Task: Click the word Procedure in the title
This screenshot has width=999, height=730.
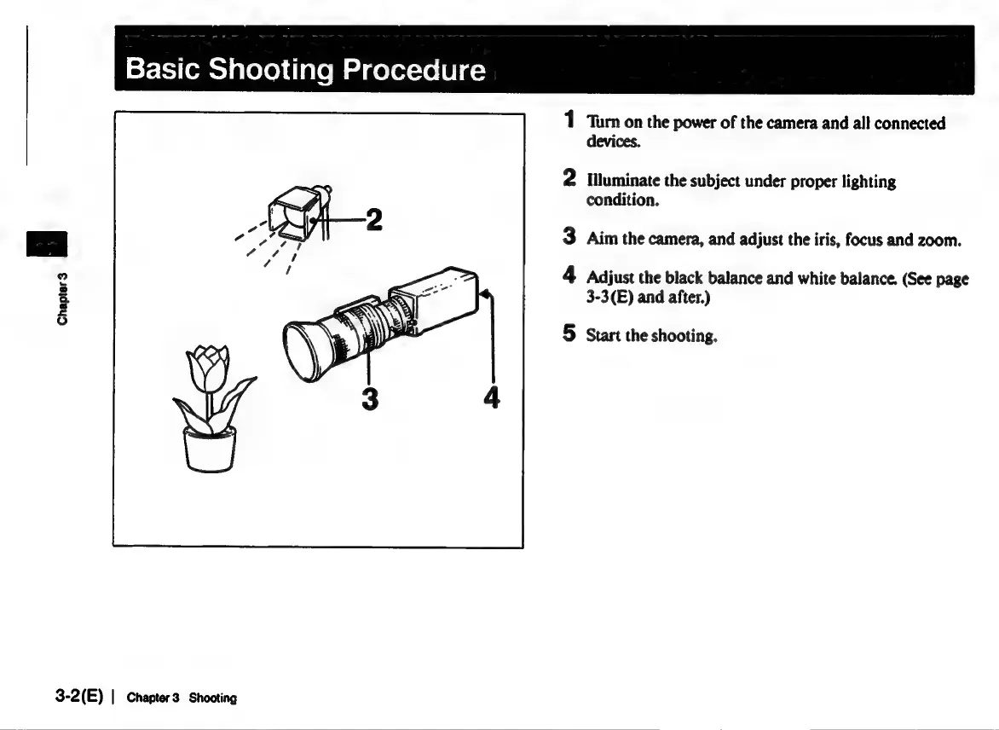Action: [x=414, y=69]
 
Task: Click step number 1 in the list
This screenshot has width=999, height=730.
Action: [x=569, y=123]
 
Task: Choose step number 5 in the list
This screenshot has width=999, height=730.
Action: [x=569, y=334]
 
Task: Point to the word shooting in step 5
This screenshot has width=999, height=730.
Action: [x=684, y=336]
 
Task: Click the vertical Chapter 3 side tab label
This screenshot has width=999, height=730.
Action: [x=61, y=296]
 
